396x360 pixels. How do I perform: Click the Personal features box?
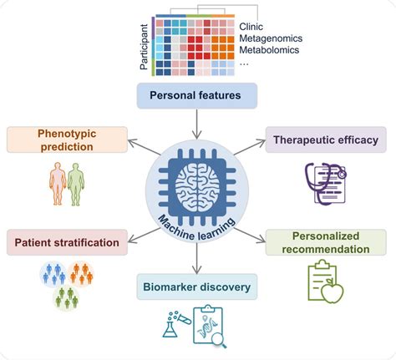pyautogui.click(x=198, y=96)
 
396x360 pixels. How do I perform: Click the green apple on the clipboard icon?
pyautogui.click(x=335, y=291)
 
